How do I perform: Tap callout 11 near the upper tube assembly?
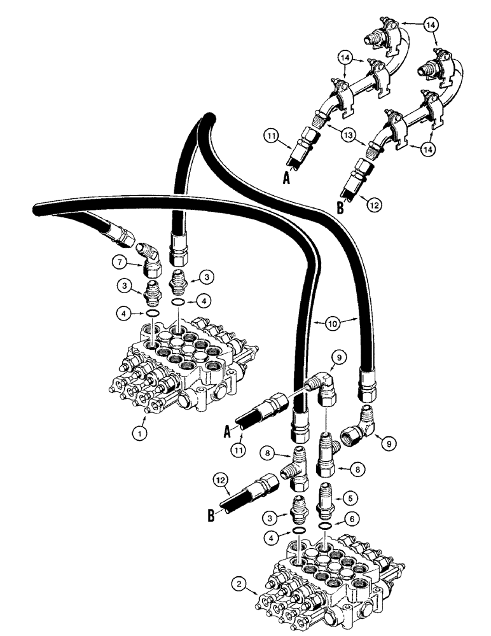(270, 135)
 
